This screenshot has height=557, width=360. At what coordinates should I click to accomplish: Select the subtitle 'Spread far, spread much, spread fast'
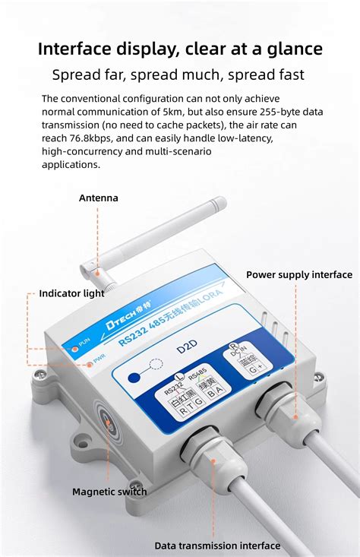pos(178,74)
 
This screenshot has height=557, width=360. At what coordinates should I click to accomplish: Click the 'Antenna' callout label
pos(99,198)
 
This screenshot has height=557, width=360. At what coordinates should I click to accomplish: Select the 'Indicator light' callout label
pos(72,293)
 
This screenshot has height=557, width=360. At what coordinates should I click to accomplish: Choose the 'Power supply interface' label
pos(299,275)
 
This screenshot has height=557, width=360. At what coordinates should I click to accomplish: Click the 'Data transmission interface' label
pos(217,546)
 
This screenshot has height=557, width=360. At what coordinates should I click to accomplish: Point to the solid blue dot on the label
pos(134,376)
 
